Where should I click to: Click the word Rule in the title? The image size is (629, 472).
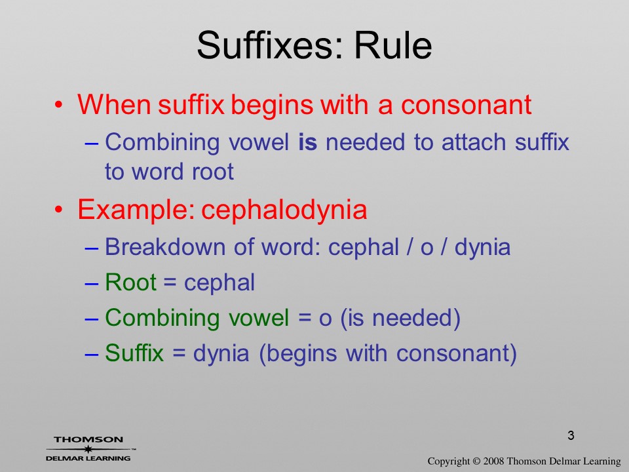[x=393, y=45]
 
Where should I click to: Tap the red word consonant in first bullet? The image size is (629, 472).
[x=466, y=105]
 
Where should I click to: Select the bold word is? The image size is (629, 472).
[x=308, y=142]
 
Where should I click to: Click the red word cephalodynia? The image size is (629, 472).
[x=284, y=210]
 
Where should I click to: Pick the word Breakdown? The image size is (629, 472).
[x=165, y=246]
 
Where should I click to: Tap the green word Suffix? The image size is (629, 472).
[x=134, y=353]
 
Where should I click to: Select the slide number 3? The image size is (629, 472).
[x=571, y=435]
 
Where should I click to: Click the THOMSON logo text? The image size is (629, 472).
[x=88, y=439]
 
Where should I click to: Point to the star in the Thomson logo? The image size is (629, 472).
[x=88, y=449]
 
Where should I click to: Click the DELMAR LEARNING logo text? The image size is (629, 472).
[x=88, y=458]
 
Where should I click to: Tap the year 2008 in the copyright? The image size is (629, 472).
[x=493, y=461]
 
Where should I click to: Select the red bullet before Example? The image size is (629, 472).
[x=59, y=210]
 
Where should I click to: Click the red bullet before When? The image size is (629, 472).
[x=59, y=105]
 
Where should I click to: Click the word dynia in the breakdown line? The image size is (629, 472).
[x=483, y=247]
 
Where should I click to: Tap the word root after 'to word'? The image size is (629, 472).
[x=212, y=172]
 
